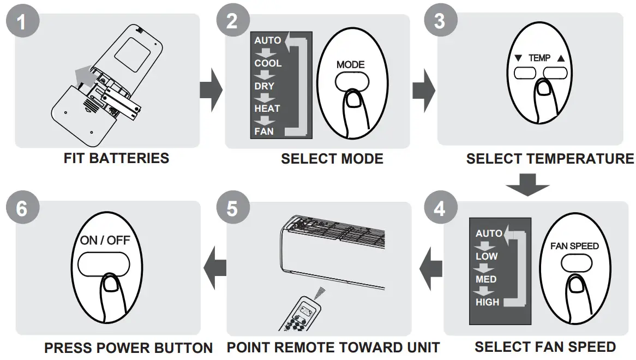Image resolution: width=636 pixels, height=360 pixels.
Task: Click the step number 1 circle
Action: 21,22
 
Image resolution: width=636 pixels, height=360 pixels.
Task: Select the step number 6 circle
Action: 21,208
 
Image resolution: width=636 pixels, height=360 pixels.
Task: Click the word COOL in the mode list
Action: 268,63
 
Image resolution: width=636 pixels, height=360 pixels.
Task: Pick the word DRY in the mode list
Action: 264,86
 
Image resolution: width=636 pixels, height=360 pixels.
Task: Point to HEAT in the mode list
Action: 267,109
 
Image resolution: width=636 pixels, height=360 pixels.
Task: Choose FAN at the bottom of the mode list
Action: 264,131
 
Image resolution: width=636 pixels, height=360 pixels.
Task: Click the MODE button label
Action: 350,64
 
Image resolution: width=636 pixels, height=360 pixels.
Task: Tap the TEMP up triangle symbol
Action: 561,58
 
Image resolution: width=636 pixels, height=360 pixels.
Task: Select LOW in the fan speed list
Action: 487,256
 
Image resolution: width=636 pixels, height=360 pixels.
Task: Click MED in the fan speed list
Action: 486,279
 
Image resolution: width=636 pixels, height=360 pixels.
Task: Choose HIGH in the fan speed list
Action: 487,302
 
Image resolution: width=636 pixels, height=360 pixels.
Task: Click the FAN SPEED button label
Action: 574,246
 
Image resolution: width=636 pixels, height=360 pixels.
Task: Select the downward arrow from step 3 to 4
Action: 527,184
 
